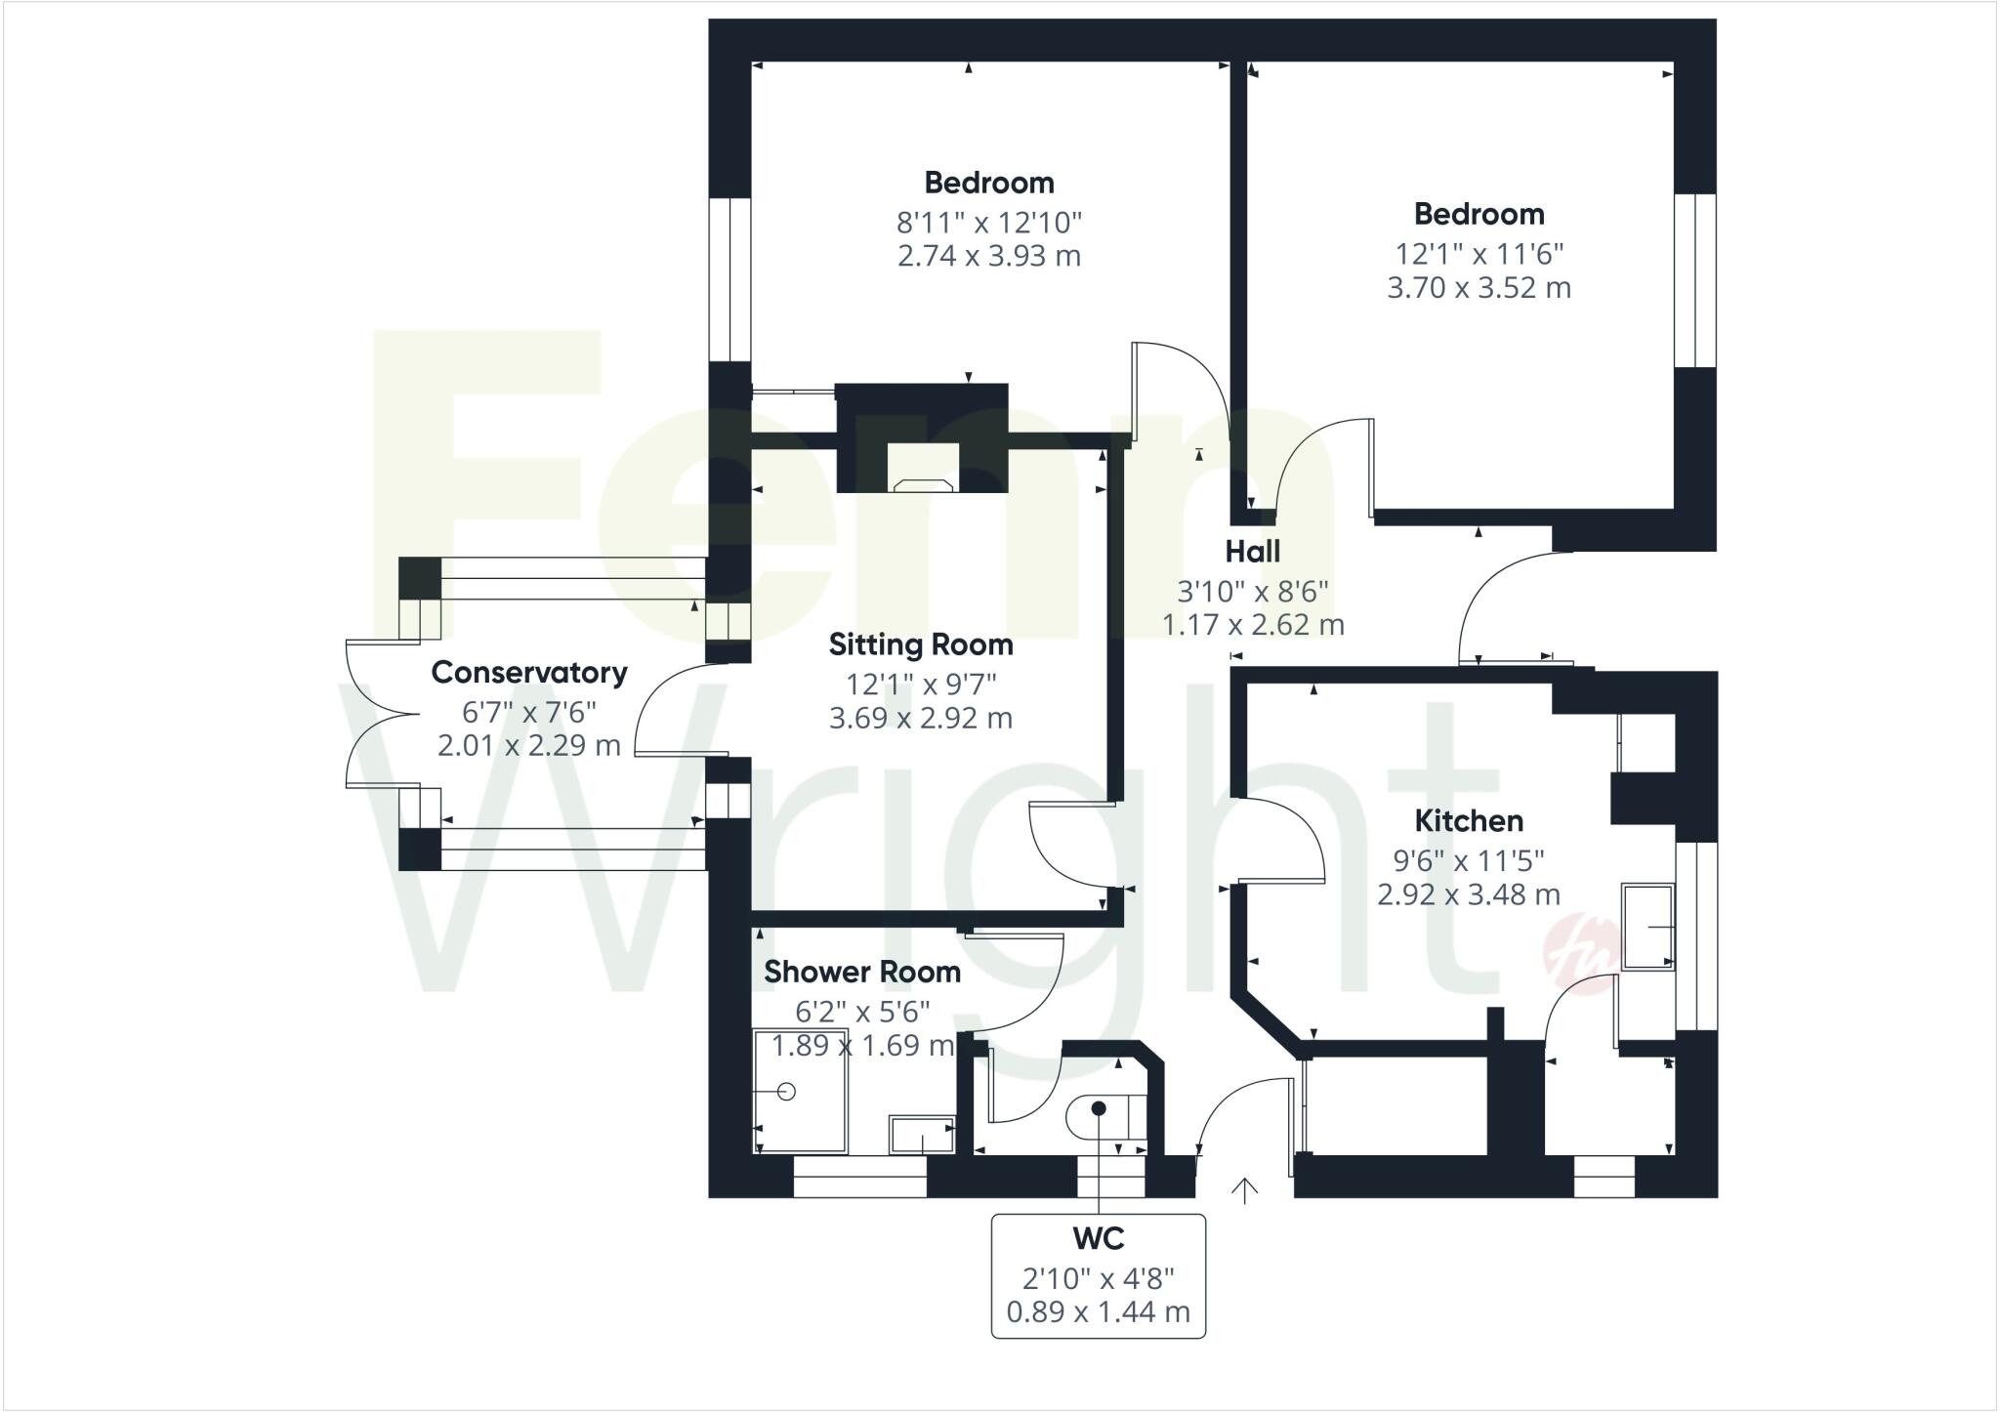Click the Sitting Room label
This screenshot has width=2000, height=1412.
[920, 644]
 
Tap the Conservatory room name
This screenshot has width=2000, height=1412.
[528, 672]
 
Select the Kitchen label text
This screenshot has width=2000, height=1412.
[1469, 820]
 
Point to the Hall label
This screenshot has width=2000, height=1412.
[1252, 552]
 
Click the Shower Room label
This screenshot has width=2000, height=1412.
[861, 972]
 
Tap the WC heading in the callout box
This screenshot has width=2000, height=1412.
[1099, 1238]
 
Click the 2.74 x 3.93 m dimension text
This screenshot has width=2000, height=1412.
[988, 256]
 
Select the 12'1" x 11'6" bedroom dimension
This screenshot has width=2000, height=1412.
[1479, 254]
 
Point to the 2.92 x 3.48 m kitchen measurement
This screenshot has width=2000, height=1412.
[1469, 894]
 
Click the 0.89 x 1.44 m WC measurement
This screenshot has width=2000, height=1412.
[1099, 1311]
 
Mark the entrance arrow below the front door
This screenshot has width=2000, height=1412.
[1243, 1190]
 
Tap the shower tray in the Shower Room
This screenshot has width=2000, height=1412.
[800, 1091]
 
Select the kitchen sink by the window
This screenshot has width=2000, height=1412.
[1647, 926]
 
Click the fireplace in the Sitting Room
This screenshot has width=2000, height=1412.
[923, 469]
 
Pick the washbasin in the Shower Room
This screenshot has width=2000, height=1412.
[921, 1135]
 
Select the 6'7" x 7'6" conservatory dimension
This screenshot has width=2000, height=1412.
[528, 711]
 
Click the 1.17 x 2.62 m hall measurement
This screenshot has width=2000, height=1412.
[1252, 624]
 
